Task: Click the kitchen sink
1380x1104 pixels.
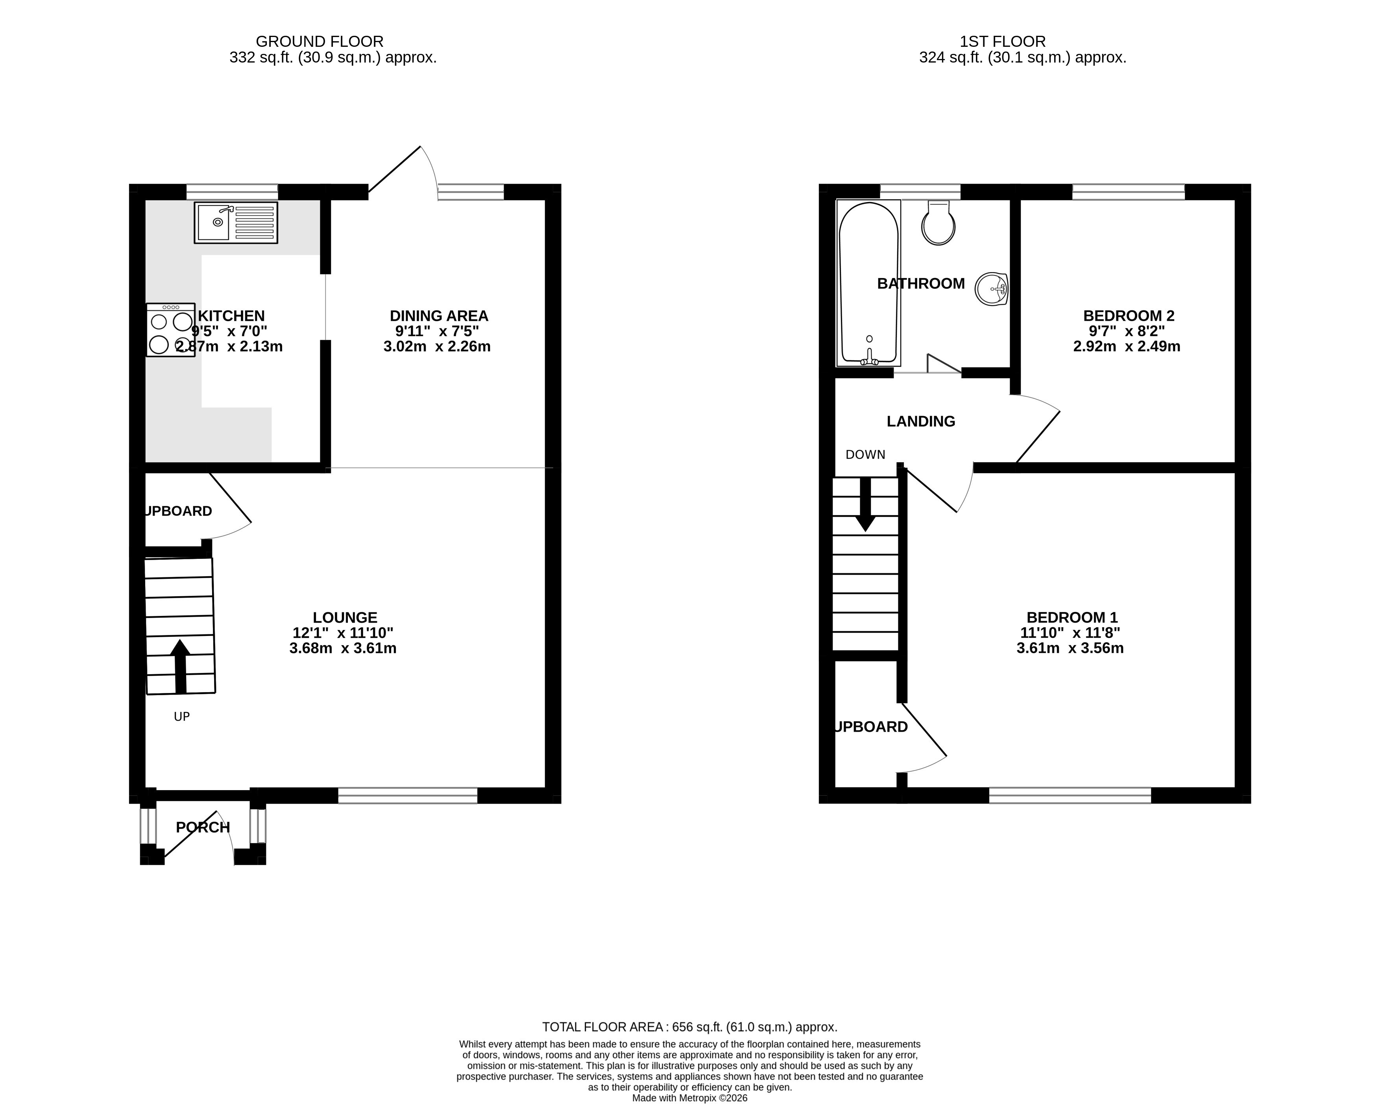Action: click(236, 223)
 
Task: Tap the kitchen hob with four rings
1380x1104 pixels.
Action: click(170, 330)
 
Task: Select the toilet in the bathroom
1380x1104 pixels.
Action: click(938, 223)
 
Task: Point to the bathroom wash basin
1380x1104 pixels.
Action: click(992, 289)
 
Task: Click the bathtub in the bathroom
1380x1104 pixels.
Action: click(868, 283)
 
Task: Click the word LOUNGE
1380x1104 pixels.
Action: click(345, 617)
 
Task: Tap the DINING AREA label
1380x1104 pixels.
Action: click(439, 316)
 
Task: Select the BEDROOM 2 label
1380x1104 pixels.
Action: click(1129, 316)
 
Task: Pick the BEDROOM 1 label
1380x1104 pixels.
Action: click(1072, 617)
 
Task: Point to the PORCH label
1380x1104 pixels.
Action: click(203, 828)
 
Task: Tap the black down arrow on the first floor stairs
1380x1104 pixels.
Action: click(865, 505)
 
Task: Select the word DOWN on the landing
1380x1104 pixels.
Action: click(865, 455)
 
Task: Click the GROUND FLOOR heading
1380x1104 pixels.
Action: click(320, 42)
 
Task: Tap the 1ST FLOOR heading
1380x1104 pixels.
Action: click(1002, 42)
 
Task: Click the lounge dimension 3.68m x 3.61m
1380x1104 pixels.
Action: click(343, 648)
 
